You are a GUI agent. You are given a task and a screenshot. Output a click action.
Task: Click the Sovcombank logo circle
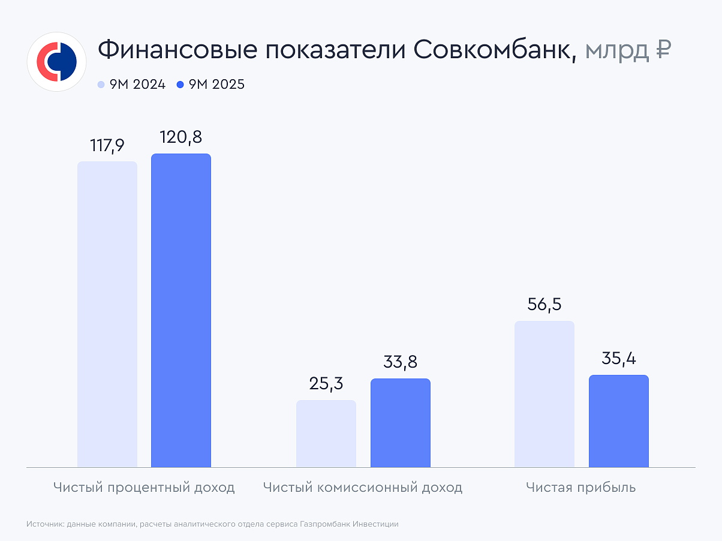(x=58, y=62)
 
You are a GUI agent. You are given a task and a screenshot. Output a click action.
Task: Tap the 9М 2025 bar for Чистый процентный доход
(x=181, y=310)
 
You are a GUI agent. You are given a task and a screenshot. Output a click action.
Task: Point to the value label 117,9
(x=107, y=146)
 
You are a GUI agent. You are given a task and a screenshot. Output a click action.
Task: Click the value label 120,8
(x=181, y=137)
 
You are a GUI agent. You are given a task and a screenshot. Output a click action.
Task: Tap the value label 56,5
(x=544, y=305)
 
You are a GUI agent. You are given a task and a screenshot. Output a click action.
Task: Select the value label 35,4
(x=619, y=359)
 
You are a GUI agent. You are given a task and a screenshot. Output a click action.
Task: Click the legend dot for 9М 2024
(x=101, y=85)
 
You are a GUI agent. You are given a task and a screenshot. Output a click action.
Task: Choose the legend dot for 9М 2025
(x=180, y=85)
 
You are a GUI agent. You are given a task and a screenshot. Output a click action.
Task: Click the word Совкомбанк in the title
(x=495, y=50)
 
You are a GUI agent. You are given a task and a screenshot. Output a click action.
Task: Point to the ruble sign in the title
(x=662, y=50)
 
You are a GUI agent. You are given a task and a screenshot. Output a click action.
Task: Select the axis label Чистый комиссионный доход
(x=363, y=488)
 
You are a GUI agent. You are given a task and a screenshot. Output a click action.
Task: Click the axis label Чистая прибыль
(x=581, y=488)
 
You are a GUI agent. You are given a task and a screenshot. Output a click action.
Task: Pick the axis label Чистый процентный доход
(x=144, y=488)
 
